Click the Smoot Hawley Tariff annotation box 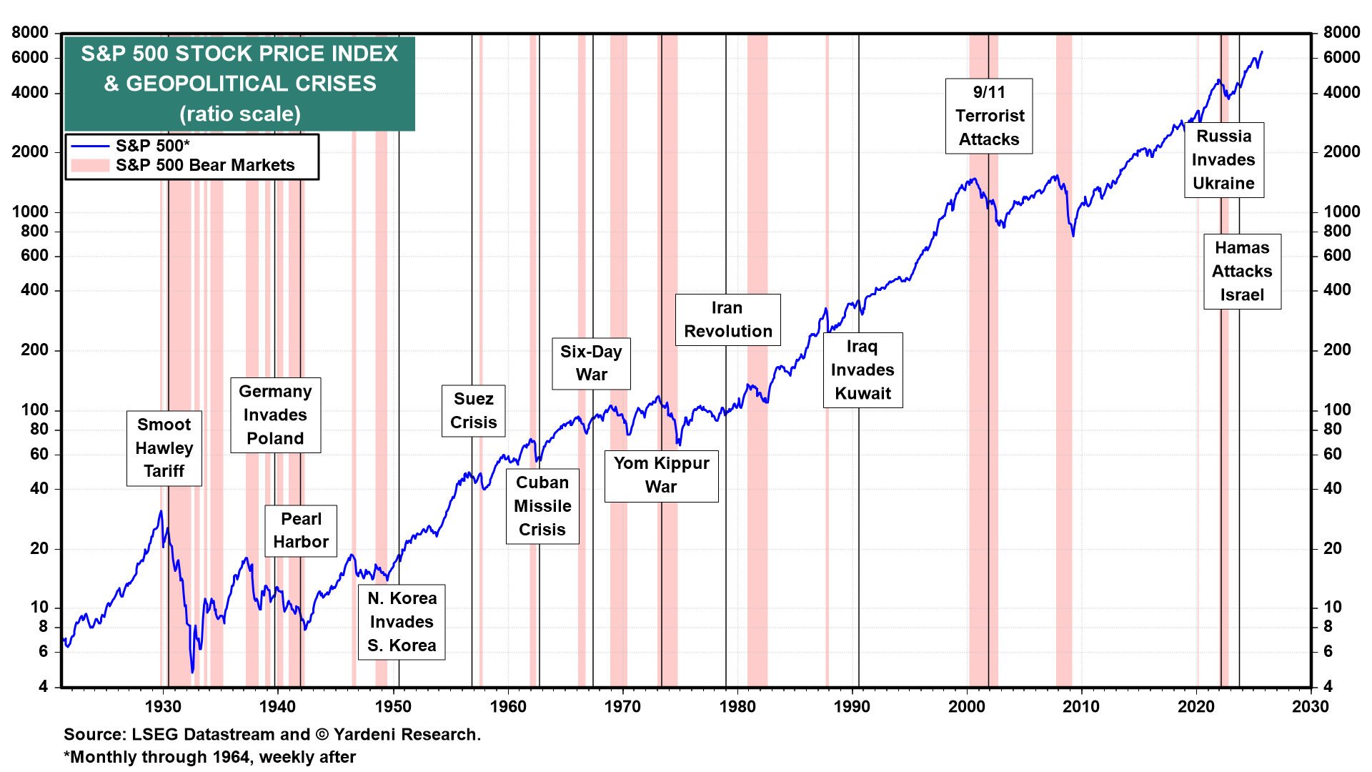coord(164,448)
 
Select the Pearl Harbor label coord(301,531)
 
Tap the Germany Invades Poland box coord(275,415)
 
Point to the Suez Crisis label coord(474,411)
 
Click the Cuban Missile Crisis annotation coord(542,506)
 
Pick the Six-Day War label coord(591,363)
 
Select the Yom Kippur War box coord(661,475)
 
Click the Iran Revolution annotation coord(727,320)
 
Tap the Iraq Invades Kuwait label coord(863,370)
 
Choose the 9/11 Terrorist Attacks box coord(989,116)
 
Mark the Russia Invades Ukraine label coord(1223,160)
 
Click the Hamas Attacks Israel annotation coord(1242,272)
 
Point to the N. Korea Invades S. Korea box coord(402,622)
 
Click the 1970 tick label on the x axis coord(622,707)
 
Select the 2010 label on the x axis coord(1081,707)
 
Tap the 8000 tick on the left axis coord(30,32)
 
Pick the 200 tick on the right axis coord(1337,350)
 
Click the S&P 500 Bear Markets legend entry coord(204,165)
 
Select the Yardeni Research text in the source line coord(407,735)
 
